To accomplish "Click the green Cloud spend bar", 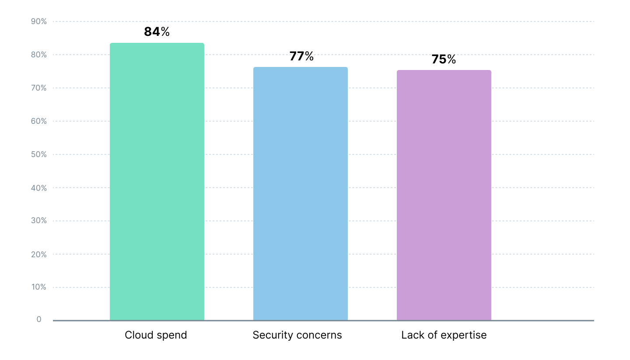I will (x=157, y=182).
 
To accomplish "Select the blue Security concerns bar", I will (x=300, y=193).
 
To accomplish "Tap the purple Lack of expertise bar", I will (x=444, y=195).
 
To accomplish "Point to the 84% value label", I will (x=157, y=32).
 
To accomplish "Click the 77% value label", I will (x=301, y=56).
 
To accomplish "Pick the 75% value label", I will (x=444, y=59).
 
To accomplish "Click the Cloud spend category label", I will (x=156, y=335).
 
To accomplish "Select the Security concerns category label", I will (x=297, y=335).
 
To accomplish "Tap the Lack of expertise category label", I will (x=444, y=335).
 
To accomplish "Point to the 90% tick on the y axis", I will (x=38, y=21).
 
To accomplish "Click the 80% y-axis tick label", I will (x=38, y=55).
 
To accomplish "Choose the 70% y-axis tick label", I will (x=38, y=88).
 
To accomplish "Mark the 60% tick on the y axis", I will (x=38, y=121).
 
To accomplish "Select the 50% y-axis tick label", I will (x=38, y=154).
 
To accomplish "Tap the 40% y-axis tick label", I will (x=38, y=188).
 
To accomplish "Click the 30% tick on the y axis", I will (x=38, y=220).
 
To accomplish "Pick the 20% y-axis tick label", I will (x=38, y=254).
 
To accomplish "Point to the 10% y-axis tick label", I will (x=38, y=287).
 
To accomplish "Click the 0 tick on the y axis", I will (x=39, y=319).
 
